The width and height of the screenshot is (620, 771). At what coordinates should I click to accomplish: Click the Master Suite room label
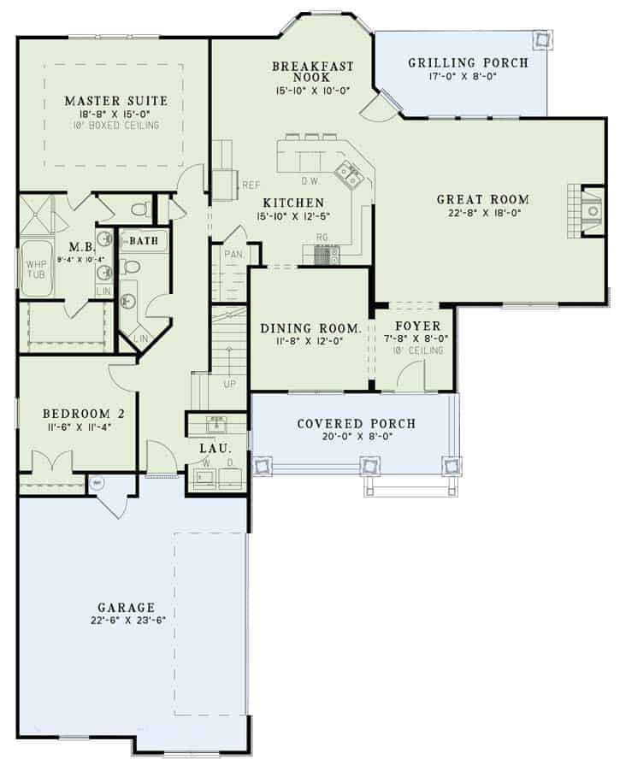115,100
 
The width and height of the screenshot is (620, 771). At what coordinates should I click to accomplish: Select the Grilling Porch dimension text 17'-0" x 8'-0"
467,77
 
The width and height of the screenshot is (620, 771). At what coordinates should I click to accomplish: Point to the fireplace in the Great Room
588,209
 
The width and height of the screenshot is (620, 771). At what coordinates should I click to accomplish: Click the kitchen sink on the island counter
348,174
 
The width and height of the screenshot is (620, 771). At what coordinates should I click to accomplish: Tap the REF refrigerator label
251,184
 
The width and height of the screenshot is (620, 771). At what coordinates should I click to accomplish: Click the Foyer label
418,326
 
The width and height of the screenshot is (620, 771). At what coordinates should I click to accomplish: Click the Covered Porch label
356,423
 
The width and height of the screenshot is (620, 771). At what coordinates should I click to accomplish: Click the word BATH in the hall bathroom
143,242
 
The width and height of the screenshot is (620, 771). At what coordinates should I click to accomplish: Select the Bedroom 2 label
84,414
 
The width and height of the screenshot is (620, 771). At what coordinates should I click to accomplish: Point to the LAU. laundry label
212,447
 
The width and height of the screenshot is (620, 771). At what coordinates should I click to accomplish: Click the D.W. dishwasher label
310,180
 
